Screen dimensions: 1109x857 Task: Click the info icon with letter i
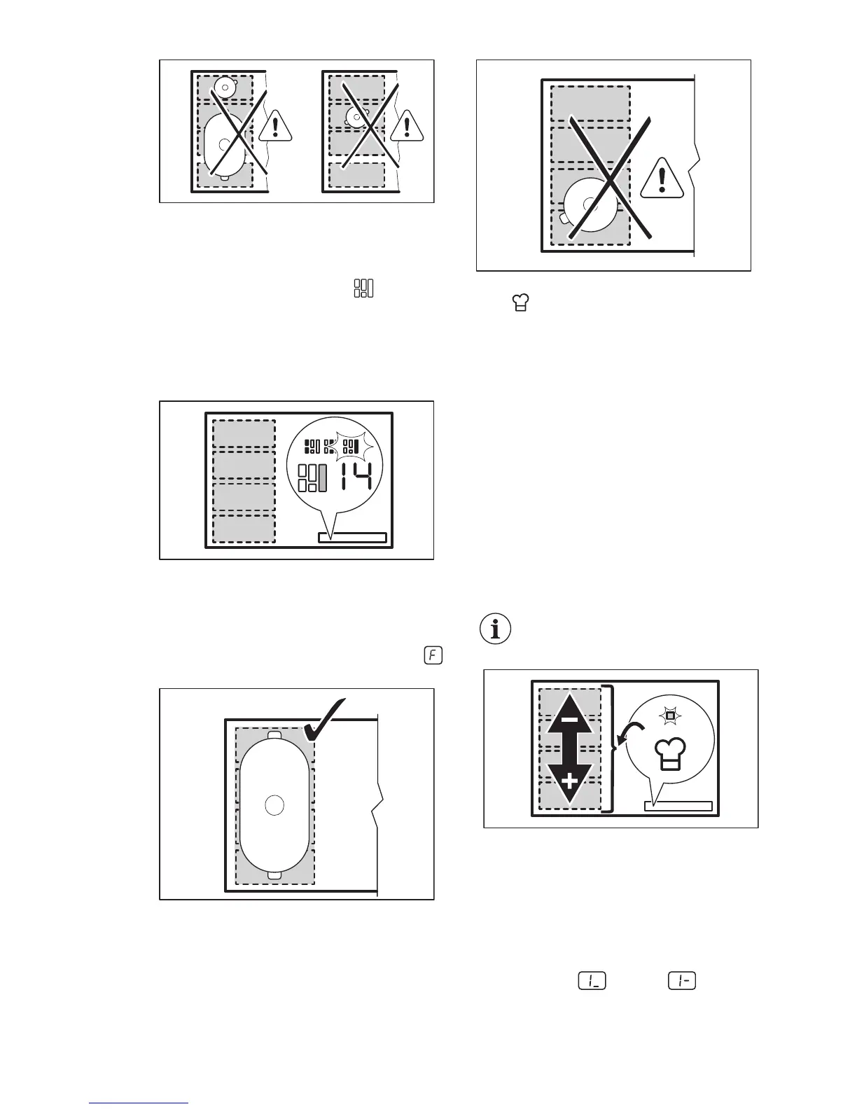tap(496, 629)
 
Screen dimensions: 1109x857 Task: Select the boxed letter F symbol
tap(433, 656)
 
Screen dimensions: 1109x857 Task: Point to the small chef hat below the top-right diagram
tap(520, 304)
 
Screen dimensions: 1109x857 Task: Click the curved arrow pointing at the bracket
tap(627, 737)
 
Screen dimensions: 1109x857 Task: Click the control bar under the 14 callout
tap(352, 538)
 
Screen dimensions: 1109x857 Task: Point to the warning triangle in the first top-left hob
tap(277, 127)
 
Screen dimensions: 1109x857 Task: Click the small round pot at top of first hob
tap(225, 88)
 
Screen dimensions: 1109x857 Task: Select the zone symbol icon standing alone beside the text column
tap(364, 288)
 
